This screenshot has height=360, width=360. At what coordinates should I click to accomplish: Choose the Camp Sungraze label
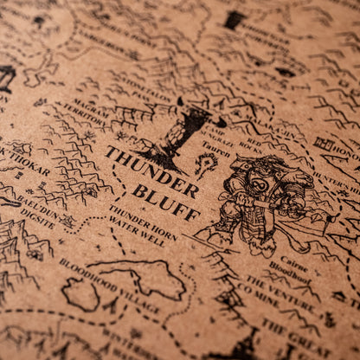coord(222,125)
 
